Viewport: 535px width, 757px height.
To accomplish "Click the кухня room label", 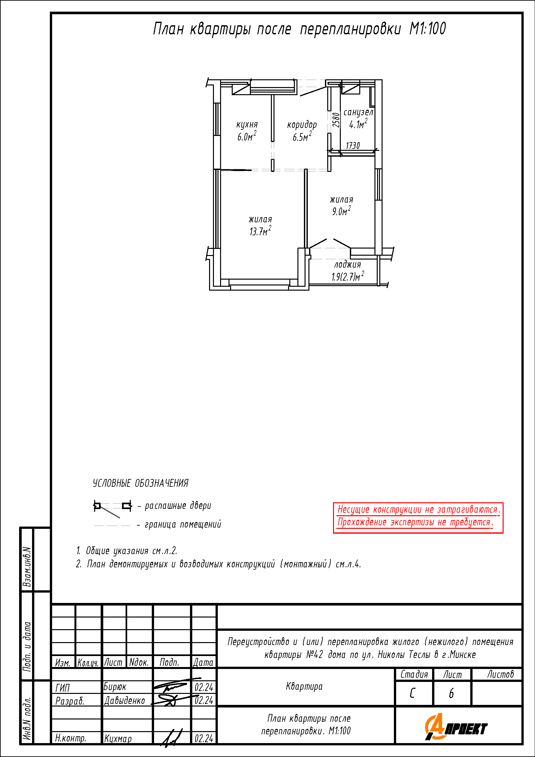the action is pyautogui.click(x=247, y=125).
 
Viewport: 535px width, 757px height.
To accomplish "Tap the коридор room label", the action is pyautogui.click(x=302, y=125).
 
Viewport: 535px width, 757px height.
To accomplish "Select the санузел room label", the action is pyautogui.click(x=358, y=112).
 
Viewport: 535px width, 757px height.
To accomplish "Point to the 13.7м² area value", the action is pyautogui.click(x=260, y=231).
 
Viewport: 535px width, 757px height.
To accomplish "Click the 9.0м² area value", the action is pyautogui.click(x=341, y=210).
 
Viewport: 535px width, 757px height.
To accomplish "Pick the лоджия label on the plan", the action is pyautogui.click(x=347, y=264).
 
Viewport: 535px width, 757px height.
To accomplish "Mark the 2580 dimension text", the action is pyautogui.click(x=336, y=120).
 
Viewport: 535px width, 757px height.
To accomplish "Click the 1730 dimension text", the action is pyautogui.click(x=353, y=145).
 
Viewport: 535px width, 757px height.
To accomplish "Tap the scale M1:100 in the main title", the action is pyautogui.click(x=428, y=29).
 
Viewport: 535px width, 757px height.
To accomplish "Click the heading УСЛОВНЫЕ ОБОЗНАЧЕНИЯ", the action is pyautogui.click(x=140, y=483).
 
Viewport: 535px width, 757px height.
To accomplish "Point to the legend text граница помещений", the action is pyautogui.click(x=183, y=524).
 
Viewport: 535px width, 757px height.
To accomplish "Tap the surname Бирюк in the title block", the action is pyautogui.click(x=115, y=687).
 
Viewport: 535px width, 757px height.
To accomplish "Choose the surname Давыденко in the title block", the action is pyautogui.click(x=125, y=700).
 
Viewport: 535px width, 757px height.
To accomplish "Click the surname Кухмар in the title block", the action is pyautogui.click(x=118, y=739).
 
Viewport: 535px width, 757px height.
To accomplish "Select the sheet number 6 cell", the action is pyautogui.click(x=451, y=693).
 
